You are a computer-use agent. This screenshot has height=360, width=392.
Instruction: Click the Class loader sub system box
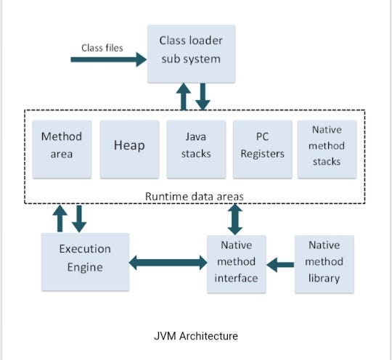pyautogui.click(x=190, y=51)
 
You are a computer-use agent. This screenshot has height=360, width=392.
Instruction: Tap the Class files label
pyautogui.click(x=102, y=48)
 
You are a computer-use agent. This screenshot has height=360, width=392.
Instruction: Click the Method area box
pyautogui.click(x=62, y=145)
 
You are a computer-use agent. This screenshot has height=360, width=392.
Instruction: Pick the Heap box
pyautogui.click(x=128, y=145)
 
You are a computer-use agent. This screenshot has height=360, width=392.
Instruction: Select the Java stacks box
pyautogui.click(x=196, y=145)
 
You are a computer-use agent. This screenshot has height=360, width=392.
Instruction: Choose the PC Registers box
pyautogui.click(x=262, y=145)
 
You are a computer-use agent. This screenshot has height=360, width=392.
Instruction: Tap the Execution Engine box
pyautogui.click(x=85, y=258)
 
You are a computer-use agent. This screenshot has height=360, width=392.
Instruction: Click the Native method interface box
pyautogui.click(x=236, y=263)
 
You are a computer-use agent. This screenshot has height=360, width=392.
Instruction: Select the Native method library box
pyautogui.click(x=324, y=262)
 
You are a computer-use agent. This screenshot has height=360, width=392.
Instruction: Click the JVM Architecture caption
pyautogui.click(x=196, y=336)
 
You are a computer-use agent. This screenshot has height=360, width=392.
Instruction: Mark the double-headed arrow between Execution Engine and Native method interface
pyautogui.click(x=168, y=262)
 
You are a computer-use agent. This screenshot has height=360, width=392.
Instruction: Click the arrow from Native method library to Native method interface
pyautogui.click(x=279, y=262)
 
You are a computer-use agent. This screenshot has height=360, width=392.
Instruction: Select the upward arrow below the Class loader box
pyautogui.click(x=184, y=97)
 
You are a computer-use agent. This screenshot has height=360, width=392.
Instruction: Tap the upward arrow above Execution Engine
pyautogui.click(x=61, y=218)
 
